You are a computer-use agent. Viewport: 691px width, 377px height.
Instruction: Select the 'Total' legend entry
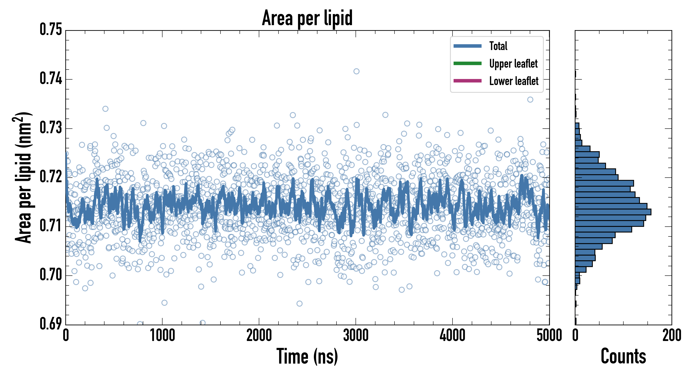click(x=498, y=46)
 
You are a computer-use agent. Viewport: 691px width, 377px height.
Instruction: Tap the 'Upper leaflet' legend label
click(x=513, y=64)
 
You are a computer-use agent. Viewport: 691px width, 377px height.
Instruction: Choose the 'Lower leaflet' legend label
click(x=514, y=81)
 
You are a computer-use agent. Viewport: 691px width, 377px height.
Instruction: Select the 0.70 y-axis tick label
click(x=51, y=275)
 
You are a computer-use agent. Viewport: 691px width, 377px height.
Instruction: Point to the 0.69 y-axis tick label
click(x=51, y=323)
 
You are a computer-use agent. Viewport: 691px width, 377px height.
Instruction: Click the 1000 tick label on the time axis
click(x=162, y=335)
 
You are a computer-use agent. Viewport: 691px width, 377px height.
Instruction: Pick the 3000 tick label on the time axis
click(x=356, y=335)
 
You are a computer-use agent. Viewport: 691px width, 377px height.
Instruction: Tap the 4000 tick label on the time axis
click(x=452, y=335)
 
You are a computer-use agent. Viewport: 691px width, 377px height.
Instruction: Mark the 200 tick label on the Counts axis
click(x=671, y=335)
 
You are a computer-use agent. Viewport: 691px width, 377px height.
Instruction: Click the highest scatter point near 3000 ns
click(x=356, y=71)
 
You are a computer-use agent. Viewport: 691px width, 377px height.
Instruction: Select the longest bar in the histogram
click(x=613, y=212)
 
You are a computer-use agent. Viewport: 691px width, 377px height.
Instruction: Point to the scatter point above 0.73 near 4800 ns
click(x=530, y=99)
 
